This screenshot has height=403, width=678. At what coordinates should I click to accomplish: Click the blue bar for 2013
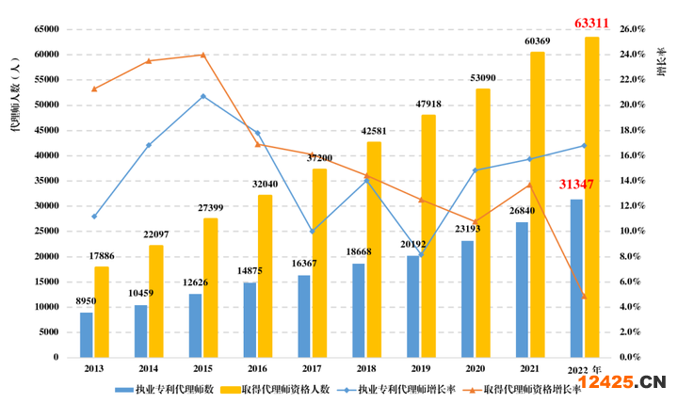[86, 334]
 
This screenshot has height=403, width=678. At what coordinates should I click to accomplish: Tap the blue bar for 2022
[576, 278]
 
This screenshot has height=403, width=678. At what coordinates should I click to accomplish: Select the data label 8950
[87, 301]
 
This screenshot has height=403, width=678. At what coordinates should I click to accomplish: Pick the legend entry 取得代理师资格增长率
[530, 388]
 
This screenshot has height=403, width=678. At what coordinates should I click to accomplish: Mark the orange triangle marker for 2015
[202, 55]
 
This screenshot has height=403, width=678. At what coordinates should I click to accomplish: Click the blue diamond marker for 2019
[420, 254]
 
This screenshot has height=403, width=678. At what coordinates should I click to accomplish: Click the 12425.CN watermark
[621, 381]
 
